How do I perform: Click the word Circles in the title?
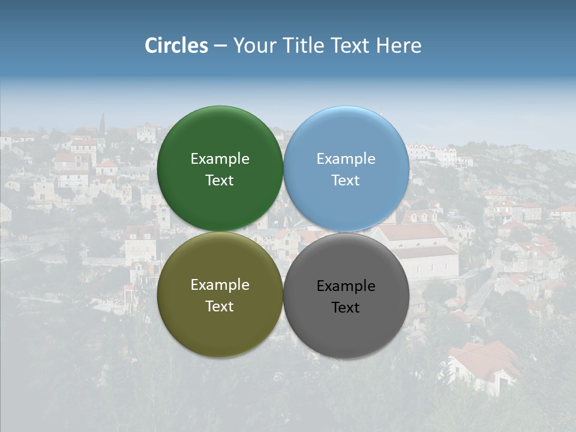(x=176, y=46)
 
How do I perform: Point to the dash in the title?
(x=220, y=46)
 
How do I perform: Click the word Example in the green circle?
(x=220, y=159)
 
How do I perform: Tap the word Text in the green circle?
(x=220, y=181)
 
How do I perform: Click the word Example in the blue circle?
(x=346, y=159)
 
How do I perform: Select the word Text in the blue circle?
(x=346, y=181)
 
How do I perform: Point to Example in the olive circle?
(x=220, y=285)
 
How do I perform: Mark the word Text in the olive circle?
(x=220, y=307)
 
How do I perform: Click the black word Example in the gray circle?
(x=346, y=286)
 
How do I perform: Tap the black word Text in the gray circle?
(x=346, y=308)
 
